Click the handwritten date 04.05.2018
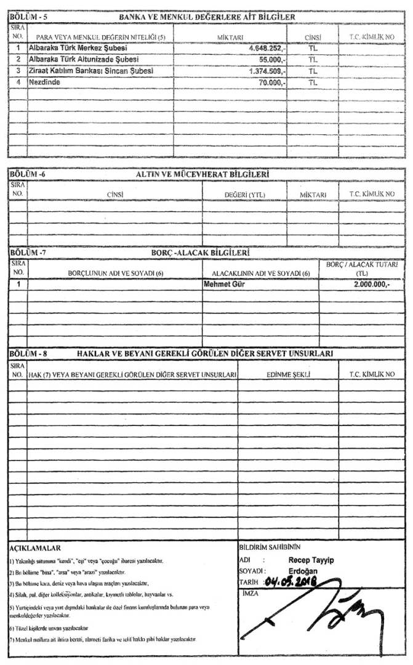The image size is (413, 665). coord(297,578)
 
